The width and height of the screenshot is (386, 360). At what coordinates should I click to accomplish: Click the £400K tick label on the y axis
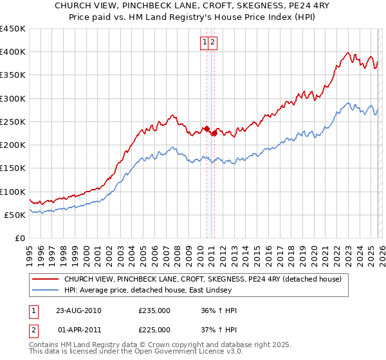[13, 52]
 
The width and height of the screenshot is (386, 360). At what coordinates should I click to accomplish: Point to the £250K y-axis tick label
[13, 122]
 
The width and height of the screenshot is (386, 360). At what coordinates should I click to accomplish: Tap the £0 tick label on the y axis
[20, 238]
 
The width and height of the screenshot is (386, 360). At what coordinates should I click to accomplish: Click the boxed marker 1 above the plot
[205, 43]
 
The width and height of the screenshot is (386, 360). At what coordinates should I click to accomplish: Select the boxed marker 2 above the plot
[212, 43]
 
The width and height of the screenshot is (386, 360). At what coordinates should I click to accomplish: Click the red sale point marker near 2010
[207, 129]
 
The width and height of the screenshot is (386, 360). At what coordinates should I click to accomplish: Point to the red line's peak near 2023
[347, 53]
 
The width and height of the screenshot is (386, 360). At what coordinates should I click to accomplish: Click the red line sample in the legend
[45, 279]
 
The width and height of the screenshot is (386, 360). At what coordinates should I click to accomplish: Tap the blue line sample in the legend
[45, 290]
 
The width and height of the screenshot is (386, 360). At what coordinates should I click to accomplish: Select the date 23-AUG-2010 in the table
[79, 310]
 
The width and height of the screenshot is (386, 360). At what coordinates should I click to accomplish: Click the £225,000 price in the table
[154, 330]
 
